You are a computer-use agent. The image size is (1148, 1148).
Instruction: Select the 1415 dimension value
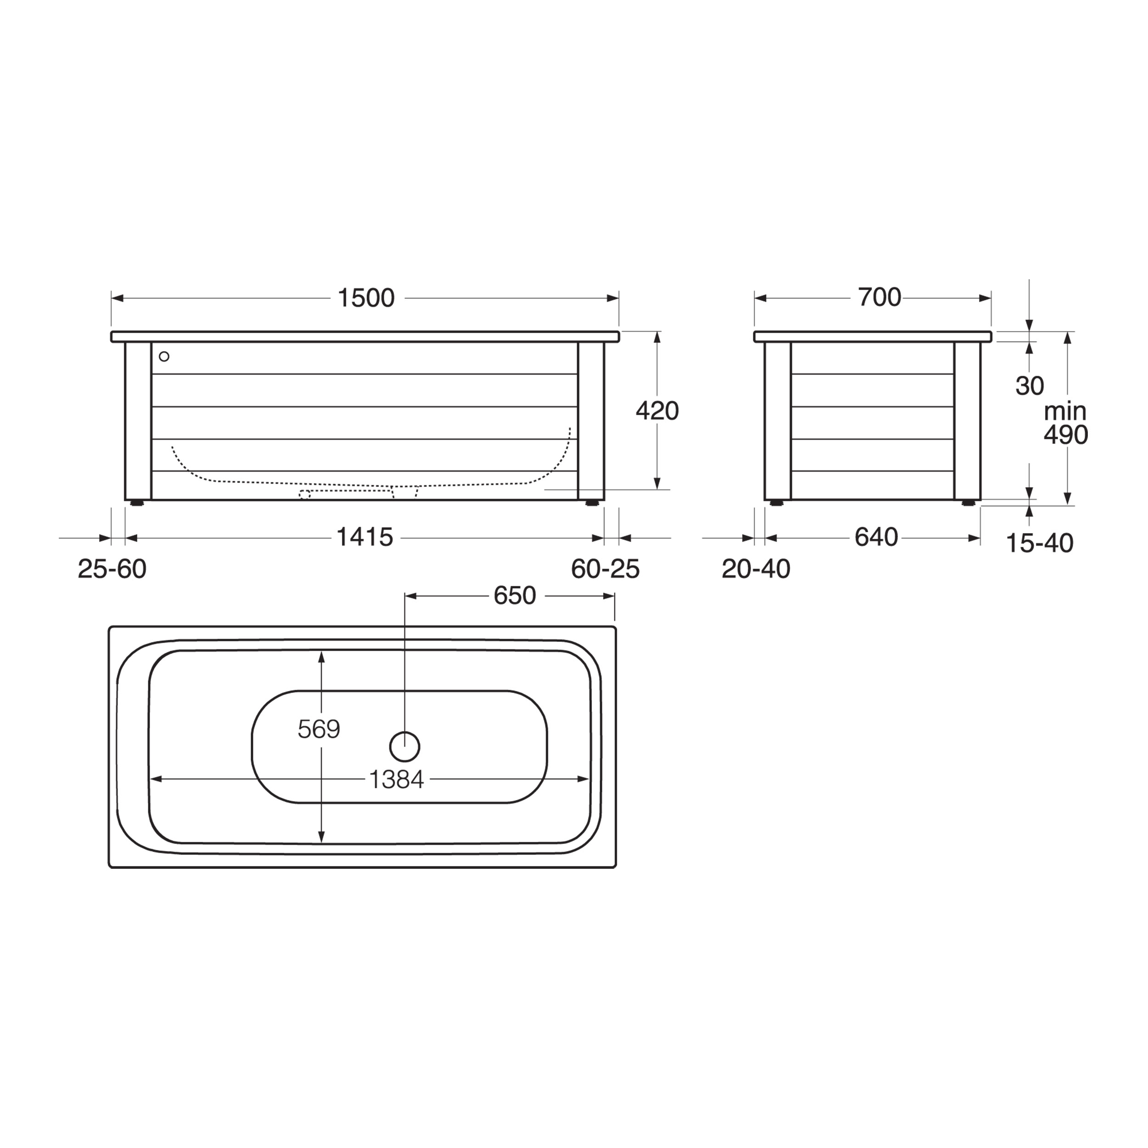coord(365,538)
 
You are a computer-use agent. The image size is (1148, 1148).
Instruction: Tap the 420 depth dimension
coord(657,411)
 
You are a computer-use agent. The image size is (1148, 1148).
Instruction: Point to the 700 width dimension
coord(879,297)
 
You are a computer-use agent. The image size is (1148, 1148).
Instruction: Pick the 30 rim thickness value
coord(1030,386)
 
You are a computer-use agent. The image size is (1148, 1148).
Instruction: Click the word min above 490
coord(1065,411)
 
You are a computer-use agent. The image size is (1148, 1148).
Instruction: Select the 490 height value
coord(1066,435)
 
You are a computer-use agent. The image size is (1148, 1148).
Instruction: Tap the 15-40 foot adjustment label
coord(1040,543)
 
